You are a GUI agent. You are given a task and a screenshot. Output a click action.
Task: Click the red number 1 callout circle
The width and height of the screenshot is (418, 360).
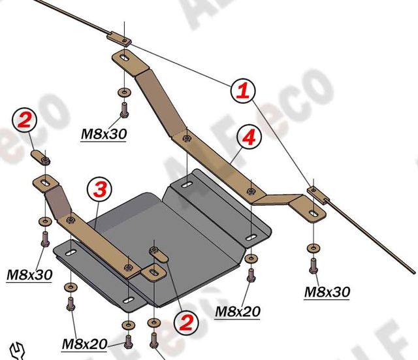click(242, 91)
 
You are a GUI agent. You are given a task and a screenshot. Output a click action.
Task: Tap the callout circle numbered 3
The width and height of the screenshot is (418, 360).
click(99, 189)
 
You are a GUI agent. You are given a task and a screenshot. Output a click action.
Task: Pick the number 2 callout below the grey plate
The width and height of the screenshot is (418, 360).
click(186, 321)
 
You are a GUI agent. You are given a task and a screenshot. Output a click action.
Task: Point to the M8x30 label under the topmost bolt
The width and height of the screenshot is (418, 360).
click(103, 134)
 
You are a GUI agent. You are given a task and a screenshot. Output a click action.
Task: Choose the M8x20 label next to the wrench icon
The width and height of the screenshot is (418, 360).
click(84, 344)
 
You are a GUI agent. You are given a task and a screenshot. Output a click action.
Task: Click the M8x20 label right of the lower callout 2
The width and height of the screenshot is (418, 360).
click(238, 312)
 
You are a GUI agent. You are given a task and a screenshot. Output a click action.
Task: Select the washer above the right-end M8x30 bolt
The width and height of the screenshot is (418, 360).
click(312, 248)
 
